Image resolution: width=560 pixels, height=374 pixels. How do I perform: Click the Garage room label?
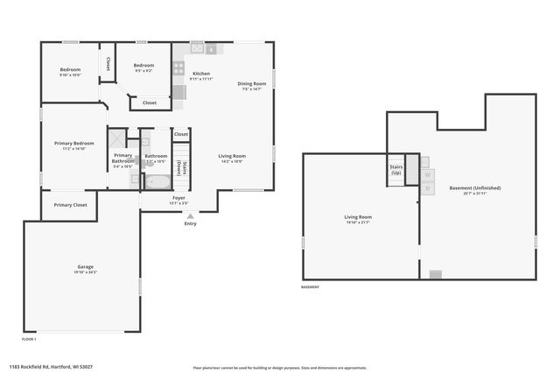pos(85,266)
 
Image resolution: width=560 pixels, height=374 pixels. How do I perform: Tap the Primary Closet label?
pos(70,205)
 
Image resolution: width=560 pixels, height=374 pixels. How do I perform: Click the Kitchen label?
pos(201,74)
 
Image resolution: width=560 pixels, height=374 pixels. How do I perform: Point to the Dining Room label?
pos(251,84)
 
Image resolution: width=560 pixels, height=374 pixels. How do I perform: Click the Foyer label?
pos(178,199)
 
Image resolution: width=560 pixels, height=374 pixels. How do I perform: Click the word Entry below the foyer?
pos(191,223)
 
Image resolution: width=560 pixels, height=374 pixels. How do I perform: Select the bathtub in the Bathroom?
pos(157,182)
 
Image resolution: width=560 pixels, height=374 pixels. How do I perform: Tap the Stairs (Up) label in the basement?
pos(395,169)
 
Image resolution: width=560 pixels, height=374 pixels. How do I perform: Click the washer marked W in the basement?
pos(427,174)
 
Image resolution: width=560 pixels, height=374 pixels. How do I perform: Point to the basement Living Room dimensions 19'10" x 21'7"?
pos(358,222)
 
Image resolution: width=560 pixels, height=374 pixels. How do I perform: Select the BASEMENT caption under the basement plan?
pos(311,287)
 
